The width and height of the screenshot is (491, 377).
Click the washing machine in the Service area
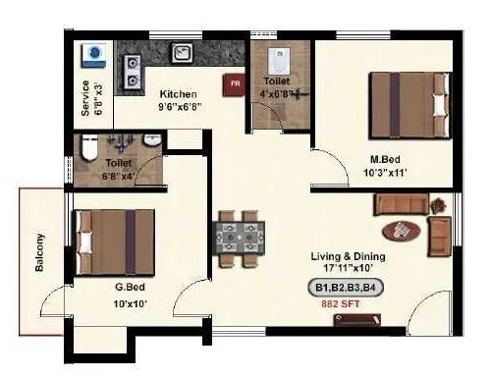(x=94, y=54)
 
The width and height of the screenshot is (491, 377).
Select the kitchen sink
(x=183, y=53)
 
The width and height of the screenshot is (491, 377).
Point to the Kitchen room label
(x=179, y=94)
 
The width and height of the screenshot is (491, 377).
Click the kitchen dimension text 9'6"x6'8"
(x=181, y=107)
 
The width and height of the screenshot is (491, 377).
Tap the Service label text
(x=85, y=89)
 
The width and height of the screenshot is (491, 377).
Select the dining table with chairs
(x=236, y=238)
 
